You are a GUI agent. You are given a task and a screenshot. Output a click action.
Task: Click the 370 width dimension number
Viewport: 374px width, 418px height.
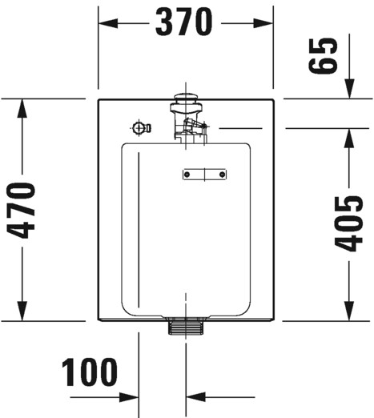pos(184,22)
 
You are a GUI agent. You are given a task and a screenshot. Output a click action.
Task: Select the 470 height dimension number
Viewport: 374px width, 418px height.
pos(22,211)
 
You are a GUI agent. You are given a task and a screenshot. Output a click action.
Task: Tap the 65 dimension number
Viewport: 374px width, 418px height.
pos(323,56)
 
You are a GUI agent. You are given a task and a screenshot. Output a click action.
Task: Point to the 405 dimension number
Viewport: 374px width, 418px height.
pos(348,224)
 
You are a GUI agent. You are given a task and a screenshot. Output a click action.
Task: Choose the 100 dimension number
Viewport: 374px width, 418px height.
pos(90,372)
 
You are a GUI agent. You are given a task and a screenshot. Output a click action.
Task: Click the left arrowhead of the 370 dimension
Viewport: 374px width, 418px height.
pos(108,23)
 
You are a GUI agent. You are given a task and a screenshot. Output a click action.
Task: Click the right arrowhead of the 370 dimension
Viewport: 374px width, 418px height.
pos(263,23)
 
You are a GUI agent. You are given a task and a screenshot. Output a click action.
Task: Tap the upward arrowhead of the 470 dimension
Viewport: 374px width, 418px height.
pos(22,108)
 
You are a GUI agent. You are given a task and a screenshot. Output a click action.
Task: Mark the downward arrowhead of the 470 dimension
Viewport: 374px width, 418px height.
pos(22,311)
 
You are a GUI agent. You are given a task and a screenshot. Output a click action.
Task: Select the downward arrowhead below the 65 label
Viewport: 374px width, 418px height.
pos(349,89)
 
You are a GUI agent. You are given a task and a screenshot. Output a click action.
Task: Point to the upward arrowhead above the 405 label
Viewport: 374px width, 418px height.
pos(349,138)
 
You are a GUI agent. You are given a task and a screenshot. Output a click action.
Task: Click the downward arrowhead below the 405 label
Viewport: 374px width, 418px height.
pos(349,311)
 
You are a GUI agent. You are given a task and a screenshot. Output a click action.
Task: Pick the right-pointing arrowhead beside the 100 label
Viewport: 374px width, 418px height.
pos(129,397)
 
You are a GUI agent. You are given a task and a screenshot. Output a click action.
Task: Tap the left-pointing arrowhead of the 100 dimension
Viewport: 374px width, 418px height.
pos(195,397)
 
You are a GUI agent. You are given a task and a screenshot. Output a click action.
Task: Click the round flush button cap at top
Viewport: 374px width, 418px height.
pos(186,97)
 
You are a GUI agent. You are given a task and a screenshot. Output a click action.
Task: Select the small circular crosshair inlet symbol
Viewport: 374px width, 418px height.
pos(139,128)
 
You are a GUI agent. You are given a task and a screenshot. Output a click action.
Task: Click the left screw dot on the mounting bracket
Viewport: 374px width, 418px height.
pos(187,175)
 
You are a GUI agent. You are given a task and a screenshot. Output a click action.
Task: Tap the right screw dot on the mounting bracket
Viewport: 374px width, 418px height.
pos(222,175)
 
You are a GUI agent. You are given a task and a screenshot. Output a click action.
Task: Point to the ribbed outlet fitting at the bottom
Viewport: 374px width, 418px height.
pos(186,327)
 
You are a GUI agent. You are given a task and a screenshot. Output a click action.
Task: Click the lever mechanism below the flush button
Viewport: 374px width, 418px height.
pos(193,126)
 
